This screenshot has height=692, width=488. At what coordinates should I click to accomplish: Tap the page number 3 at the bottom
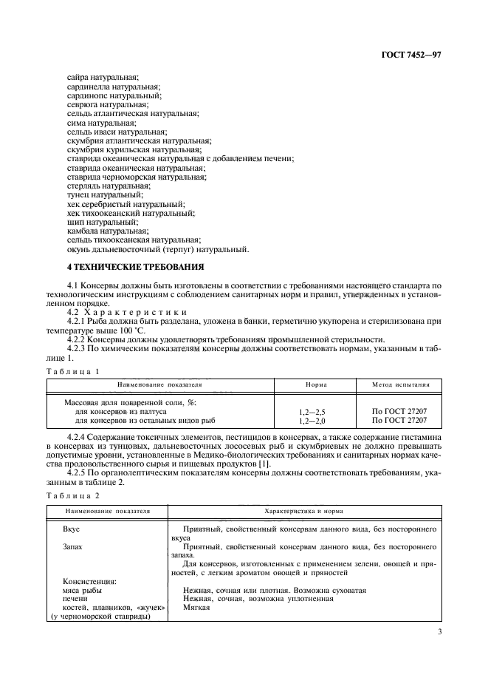439,631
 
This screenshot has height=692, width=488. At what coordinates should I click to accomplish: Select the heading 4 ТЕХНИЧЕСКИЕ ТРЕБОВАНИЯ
124,267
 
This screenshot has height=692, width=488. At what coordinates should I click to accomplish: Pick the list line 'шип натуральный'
92,222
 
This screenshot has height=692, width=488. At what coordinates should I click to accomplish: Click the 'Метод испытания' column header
398,385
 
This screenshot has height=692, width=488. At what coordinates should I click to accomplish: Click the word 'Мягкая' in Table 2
193,608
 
